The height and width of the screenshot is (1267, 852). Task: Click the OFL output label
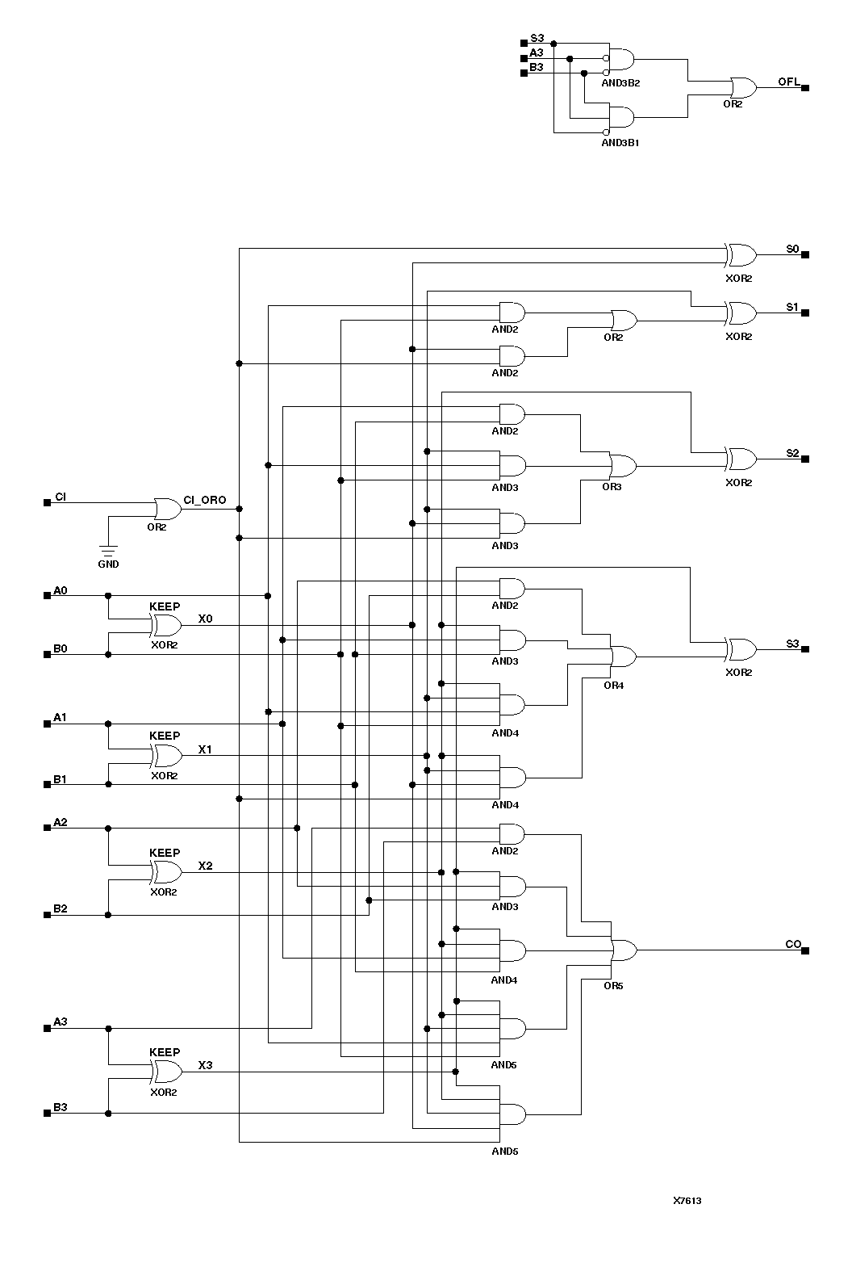click(788, 82)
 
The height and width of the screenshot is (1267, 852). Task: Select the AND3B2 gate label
click(620, 82)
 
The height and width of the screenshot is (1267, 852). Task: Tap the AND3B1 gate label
click(620, 142)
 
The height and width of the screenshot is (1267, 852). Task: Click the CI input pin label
click(61, 496)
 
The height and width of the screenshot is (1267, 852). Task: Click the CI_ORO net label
click(205, 500)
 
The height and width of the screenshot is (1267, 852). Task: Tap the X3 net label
click(206, 1065)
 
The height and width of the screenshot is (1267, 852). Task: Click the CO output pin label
click(793, 944)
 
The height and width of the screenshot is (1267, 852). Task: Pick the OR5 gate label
click(613, 985)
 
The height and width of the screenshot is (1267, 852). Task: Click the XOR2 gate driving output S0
click(741, 255)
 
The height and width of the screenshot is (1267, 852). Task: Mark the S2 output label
click(792, 453)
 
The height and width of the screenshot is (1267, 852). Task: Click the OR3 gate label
click(612, 487)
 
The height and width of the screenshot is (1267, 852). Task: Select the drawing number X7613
click(687, 1201)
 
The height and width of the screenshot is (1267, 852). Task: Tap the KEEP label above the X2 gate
click(165, 853)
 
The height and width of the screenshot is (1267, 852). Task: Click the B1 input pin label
click(61, 778)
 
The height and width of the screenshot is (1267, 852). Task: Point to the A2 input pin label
click(61, 822)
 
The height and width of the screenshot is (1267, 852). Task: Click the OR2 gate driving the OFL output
click(741, 87)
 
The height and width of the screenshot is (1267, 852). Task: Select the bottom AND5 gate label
click(505, 1151)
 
